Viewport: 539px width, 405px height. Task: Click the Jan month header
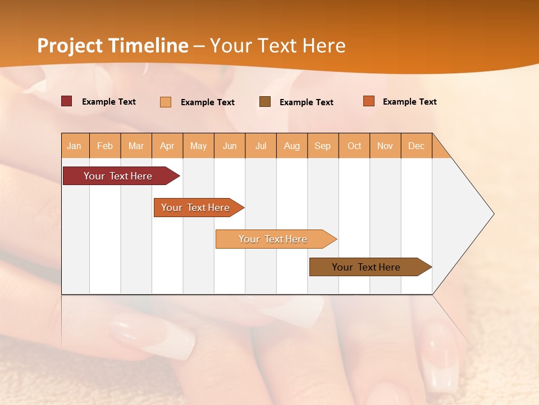pyautogui.click(x=75, y=146)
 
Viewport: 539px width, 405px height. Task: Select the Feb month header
pyautogui.click(x=105, y=146)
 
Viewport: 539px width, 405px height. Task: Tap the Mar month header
pyautogui.click(x=136, y=146)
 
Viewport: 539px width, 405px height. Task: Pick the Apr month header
pyautogui.click(x=167, y=146)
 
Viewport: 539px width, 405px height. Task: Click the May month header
pyautogui.click(x=198, y=146)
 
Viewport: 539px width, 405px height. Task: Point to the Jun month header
pyautogui.click(x=230, y=146)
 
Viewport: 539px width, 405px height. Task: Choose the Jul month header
pyautogui.click(x=261, y=146)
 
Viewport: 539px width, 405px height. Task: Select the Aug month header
pyautogui.click(x=292, y=146)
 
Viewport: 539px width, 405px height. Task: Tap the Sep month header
pyautogui.click(x=323, y=146)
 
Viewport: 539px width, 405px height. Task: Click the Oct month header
pyautogui.click(x=354, y=146)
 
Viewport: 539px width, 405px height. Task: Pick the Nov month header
pyautogui.click(x=385, y=146)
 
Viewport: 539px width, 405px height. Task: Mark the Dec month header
pyautogui.click(x=417, y=146)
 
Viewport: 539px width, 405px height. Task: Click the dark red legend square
pyautogui.click(x=67, y=101)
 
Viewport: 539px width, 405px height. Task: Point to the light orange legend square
pyautogui.click(x=166, y=102)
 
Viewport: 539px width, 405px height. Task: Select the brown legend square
pyautogui.click(x=265, y=102)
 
